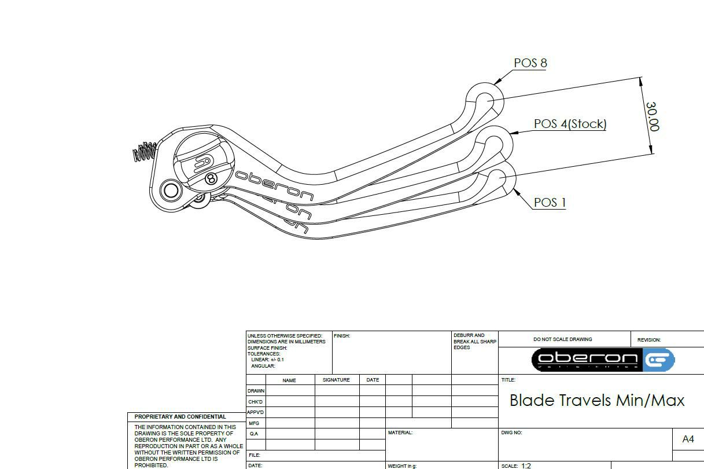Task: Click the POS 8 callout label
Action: coord(530,63)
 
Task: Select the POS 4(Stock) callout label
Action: coord(570,124)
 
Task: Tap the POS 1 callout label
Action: coord(550,203)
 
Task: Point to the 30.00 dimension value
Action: coord(652,117)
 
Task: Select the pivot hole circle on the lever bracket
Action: coord(171,190)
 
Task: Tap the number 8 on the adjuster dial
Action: coord(211,178)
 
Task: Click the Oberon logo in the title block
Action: coord(603,360)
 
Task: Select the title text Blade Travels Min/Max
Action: coord(597,401)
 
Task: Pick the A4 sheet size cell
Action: coord(688,439)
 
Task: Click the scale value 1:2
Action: coord(526,466)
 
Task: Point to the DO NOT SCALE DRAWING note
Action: coord(562,340)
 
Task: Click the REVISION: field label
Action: coord(648,340)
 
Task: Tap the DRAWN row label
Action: coord(256,391)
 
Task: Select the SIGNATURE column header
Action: coord(336,380)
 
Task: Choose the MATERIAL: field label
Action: coord(400,433)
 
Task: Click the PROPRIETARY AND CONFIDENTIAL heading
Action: coord(180,417)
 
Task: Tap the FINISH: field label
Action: coord(342,336)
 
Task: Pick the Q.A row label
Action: coord(254,434)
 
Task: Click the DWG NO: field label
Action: coord(511,433)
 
